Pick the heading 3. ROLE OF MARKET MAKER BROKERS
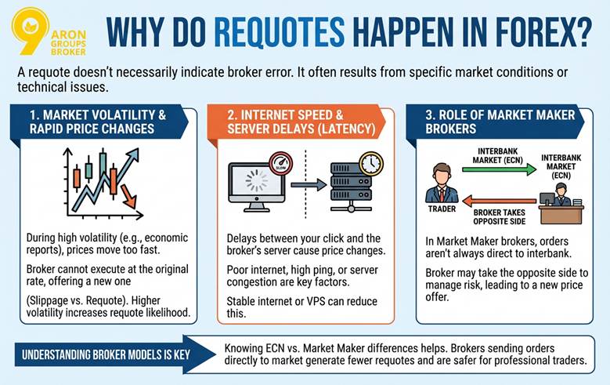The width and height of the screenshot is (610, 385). pos(500,122)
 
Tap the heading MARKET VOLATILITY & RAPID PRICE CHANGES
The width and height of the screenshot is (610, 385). pos(98,122)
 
